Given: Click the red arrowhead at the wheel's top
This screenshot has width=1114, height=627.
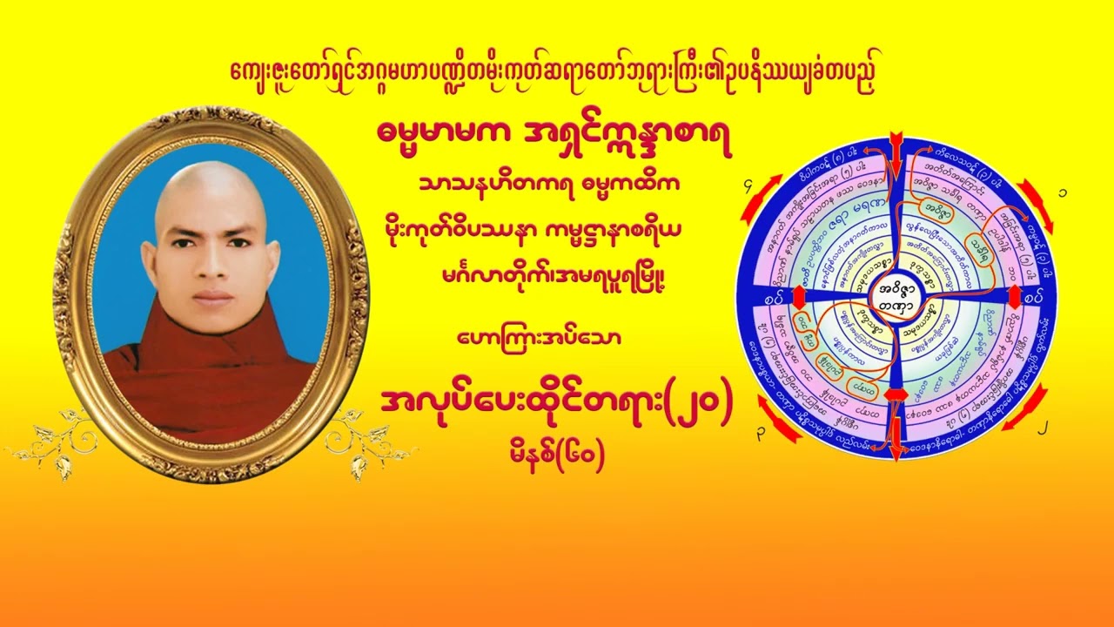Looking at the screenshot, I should point(897,145).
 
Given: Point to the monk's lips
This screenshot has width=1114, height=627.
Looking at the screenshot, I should point(212,297).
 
